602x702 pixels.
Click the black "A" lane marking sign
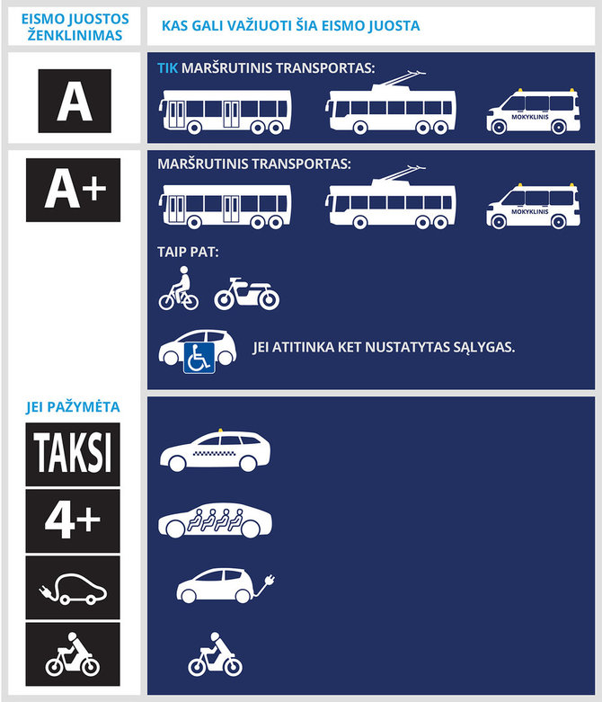tap(74, 96)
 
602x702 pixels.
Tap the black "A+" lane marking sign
tap(74, 190)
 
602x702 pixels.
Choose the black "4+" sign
tap(74, 520)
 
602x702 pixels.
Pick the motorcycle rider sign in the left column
tap(74, 653)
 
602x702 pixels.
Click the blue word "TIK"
tap(168, 68)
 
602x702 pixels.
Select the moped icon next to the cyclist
tap(246, 292)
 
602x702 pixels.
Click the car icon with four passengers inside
tap(214, 520)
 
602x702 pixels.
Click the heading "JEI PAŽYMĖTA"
tap(72, 407)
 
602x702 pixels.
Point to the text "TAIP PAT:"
tap(187, 254)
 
